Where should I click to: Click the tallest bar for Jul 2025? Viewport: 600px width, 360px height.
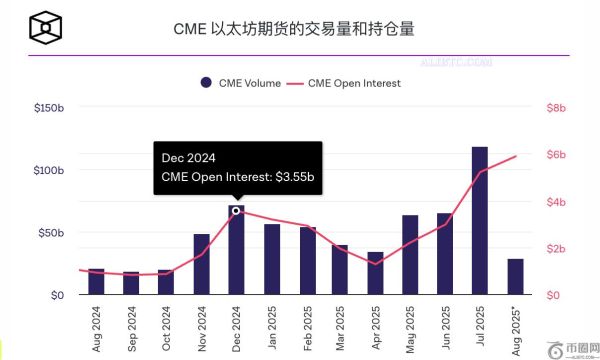pyautogui.click(x=480, y=221)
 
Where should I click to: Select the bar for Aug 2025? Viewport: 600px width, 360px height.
pyautogui.click(x=515, y=277)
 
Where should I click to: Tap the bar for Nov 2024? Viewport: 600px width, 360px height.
pyautogui.click(x=201, y=265)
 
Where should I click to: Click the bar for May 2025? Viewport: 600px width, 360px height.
pyautogui.click(x=410, y=255)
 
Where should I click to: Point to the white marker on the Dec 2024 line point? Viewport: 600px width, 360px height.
pyautogui.click(x=236, y=211)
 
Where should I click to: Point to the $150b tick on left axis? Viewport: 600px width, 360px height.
pyautogui.click(x=48, y=107)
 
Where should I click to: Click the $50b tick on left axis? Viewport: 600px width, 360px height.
pyautogui.click(x=51, y=233)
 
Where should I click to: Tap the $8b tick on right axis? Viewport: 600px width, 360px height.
pyautogui.click(x=556, y=107)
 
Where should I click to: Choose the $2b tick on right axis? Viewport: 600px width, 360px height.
pyautogui.click(x=556, y=248)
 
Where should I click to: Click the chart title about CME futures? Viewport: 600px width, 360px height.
pyautogui.click(x=299, y=30)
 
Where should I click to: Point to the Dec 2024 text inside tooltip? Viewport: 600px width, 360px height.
pyautogui.click(x=189, y=158)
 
